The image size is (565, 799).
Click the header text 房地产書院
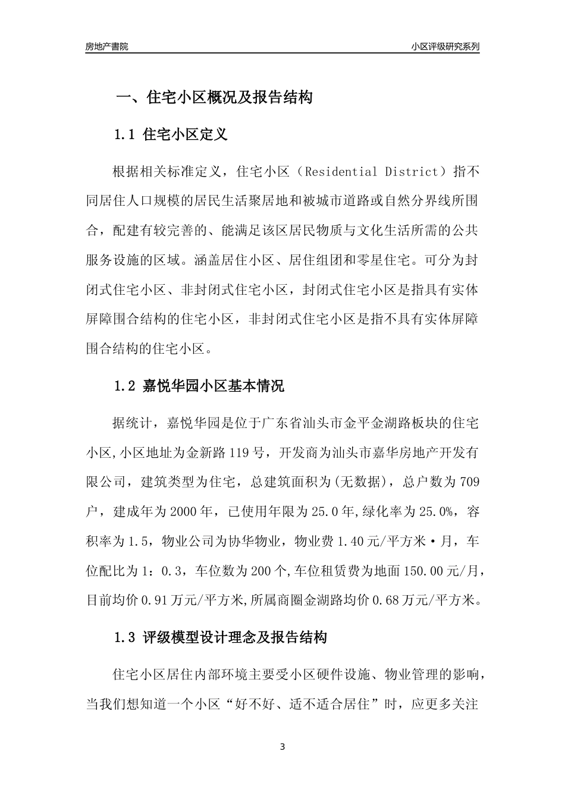(x=107, y=46)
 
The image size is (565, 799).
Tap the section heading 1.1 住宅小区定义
(x=171, y=134)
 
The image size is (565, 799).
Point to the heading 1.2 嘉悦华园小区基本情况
(x=199, y=386)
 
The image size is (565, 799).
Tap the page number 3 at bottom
(x=282, y=747)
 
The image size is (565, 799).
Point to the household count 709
(x=469, y=482)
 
